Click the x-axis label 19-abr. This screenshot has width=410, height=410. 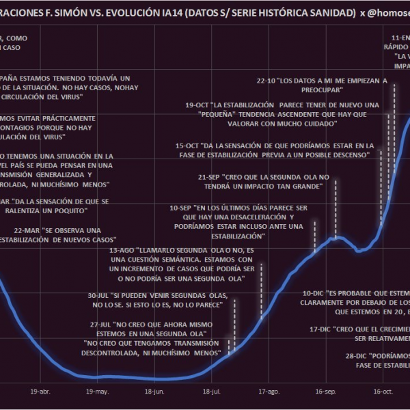click(x=40, y=392)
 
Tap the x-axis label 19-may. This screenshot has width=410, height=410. click(x=97, y=392)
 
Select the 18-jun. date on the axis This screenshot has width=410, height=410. click(x=154, y=392)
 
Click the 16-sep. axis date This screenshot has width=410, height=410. click(x=325, y=392)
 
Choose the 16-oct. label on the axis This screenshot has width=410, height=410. click(x=383, y=392)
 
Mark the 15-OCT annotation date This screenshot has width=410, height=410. click(x=187, y=146)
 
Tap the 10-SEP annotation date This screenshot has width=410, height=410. click(x=181, y=207)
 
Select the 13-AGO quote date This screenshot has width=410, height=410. click(x=122, y=251)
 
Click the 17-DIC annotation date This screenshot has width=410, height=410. click(x=320, y=329)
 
